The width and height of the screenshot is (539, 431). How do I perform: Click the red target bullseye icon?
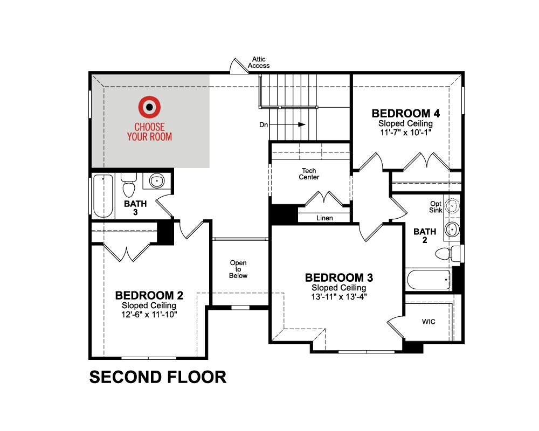pyautogui.click(x=149, y=107)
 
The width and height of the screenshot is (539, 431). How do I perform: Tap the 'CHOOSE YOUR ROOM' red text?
pyautogui.click(x=149, y=131)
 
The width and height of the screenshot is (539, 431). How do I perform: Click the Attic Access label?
pyautogui.click(x=259, y=62)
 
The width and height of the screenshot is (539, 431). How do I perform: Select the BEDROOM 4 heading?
pyautogui.click(x=406, y=114)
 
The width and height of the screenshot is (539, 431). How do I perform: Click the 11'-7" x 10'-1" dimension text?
pyautogui.click(x=406, y=133)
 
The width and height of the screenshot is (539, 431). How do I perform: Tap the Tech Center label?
pyautogui.click(x=309, y=174)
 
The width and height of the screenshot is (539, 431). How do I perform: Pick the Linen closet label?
pyautogui.click(x=324, y=218)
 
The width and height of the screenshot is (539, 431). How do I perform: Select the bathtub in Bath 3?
pyautogui.click(x=103, y=196)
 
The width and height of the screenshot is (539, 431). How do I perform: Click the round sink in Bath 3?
pyautogui.click(x=157, y=180)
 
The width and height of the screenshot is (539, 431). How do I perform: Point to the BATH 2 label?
pyautogui.click(x=425, y=236)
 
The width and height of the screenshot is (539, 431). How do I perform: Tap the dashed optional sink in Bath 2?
pyautogui.click(x=452, y=205)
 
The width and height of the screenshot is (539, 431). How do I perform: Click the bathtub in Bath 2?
pyautogui.click(x=429, y=280)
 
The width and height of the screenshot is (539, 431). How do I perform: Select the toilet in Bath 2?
pyautogui.click(x=447, y=254)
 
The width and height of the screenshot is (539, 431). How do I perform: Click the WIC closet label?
pyautogui.click(x=429, y=322)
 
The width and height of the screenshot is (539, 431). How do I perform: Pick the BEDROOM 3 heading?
pyautogui.click(x=338, y=277)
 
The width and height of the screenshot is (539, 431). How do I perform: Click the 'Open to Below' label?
pyautogui.click(x=238, y=269)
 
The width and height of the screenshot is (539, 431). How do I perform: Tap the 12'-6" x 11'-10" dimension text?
pyautogui.click(x=149, y=315)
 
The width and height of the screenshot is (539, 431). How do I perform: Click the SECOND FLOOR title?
pyautogui.click(x=158, y=377)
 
